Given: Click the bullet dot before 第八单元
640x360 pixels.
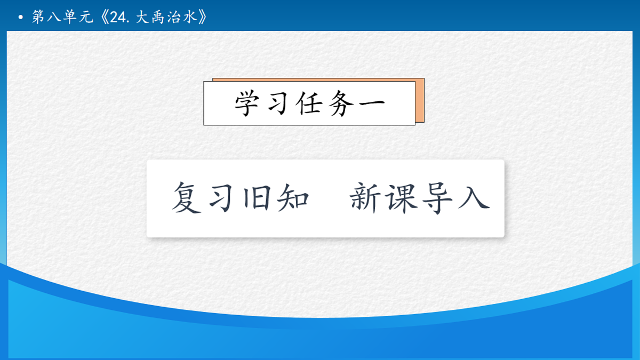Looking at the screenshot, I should (20, 18).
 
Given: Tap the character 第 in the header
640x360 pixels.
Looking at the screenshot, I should (38, 17).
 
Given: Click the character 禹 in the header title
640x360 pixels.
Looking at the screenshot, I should (162, 17).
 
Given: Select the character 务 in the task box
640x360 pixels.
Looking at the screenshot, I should (340, 103).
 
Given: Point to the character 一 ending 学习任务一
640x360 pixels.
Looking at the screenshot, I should (370, 103).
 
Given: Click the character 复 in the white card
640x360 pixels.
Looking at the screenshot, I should (187, 198).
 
